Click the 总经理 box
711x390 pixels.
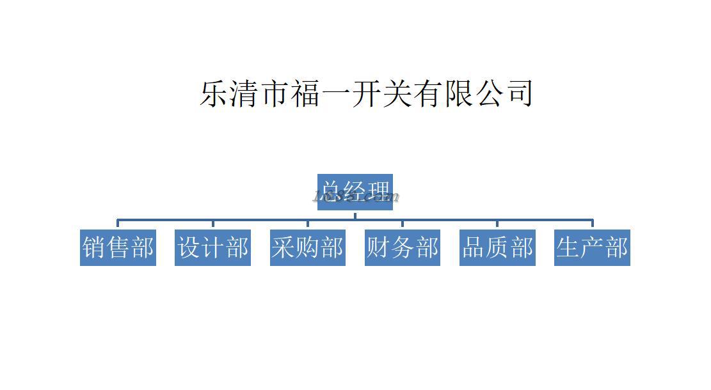(x=355, y=192)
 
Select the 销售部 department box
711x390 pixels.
(x=118, y=247)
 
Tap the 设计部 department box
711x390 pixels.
(x=212, y=247)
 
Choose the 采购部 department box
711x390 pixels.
(x=308, y=247)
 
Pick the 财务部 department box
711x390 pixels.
(x=403, y=247)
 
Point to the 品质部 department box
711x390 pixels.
(x=497, y=247)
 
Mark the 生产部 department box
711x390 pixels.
(x=592, y=247)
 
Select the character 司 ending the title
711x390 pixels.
(x=518, y=93)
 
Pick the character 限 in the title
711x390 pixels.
(x=458, y=93)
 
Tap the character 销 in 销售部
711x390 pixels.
(x=95, y=247)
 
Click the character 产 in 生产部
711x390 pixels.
(x=593, y=247)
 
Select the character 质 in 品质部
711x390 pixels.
(x=498, y=247)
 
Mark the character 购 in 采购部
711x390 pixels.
(x=308, y=247)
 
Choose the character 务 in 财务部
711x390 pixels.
(x=403, y=247)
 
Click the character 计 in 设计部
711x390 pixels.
(x=213, y=247)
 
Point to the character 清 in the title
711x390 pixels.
(x=246, y=93)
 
